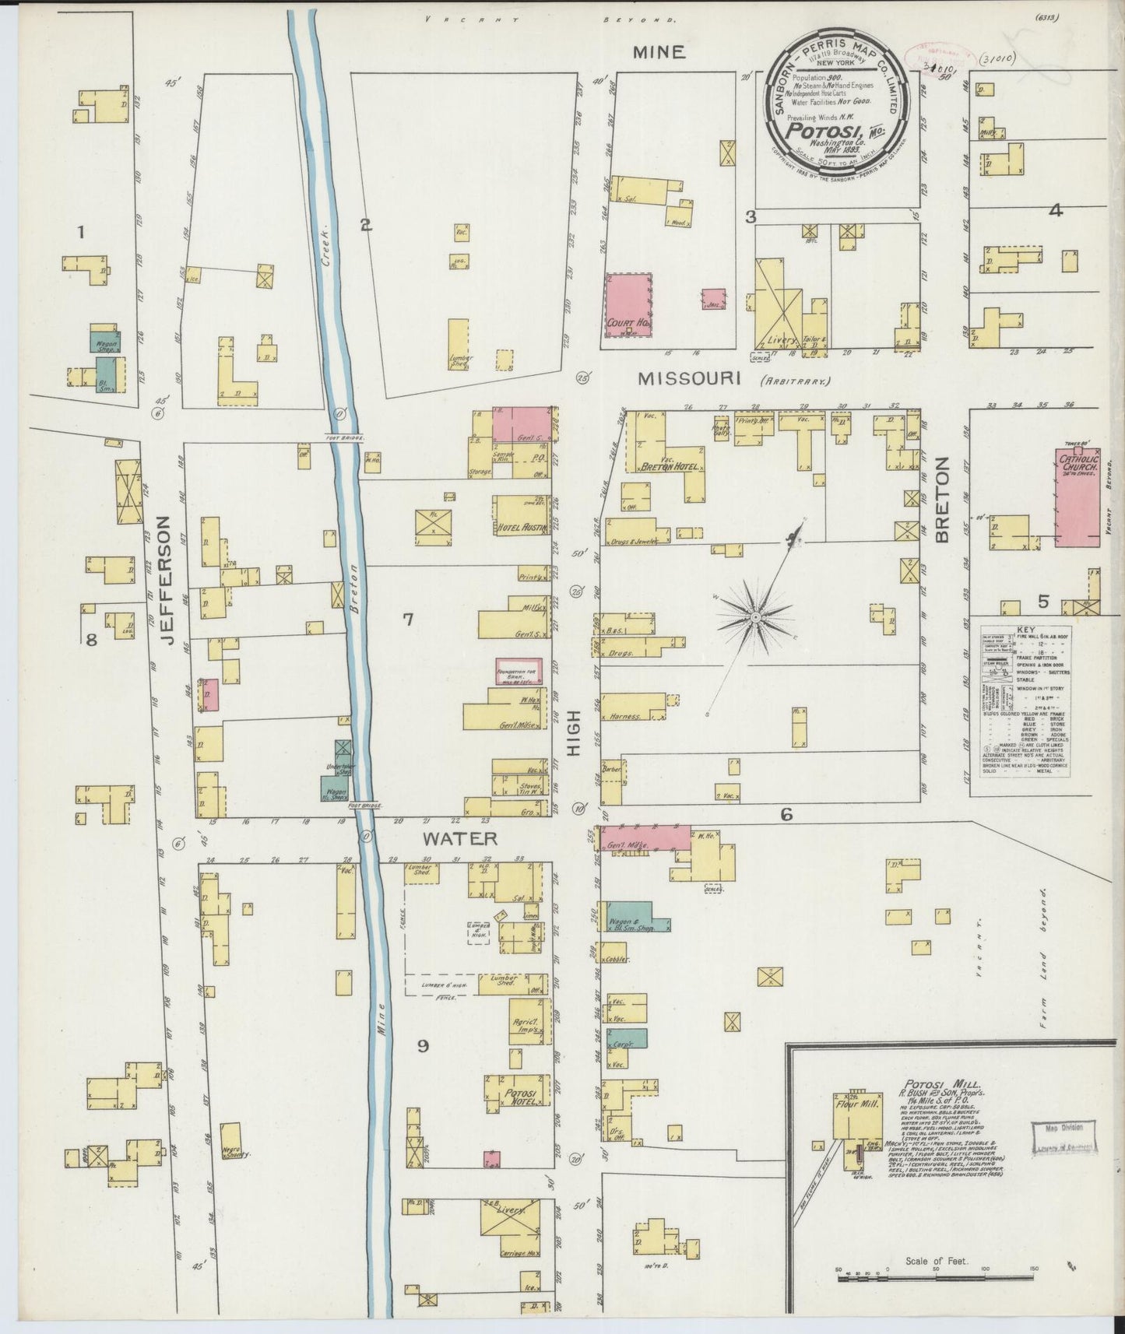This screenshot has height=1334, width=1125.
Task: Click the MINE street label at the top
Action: coord(658,52)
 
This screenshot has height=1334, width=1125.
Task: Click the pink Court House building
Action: coord(628,304)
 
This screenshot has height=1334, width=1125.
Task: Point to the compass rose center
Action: coord(755,617)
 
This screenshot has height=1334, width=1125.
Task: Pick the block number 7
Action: coord(407,620)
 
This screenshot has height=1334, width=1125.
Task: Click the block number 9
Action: coord(423,1045)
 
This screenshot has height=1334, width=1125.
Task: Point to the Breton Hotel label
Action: coord(669,467)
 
